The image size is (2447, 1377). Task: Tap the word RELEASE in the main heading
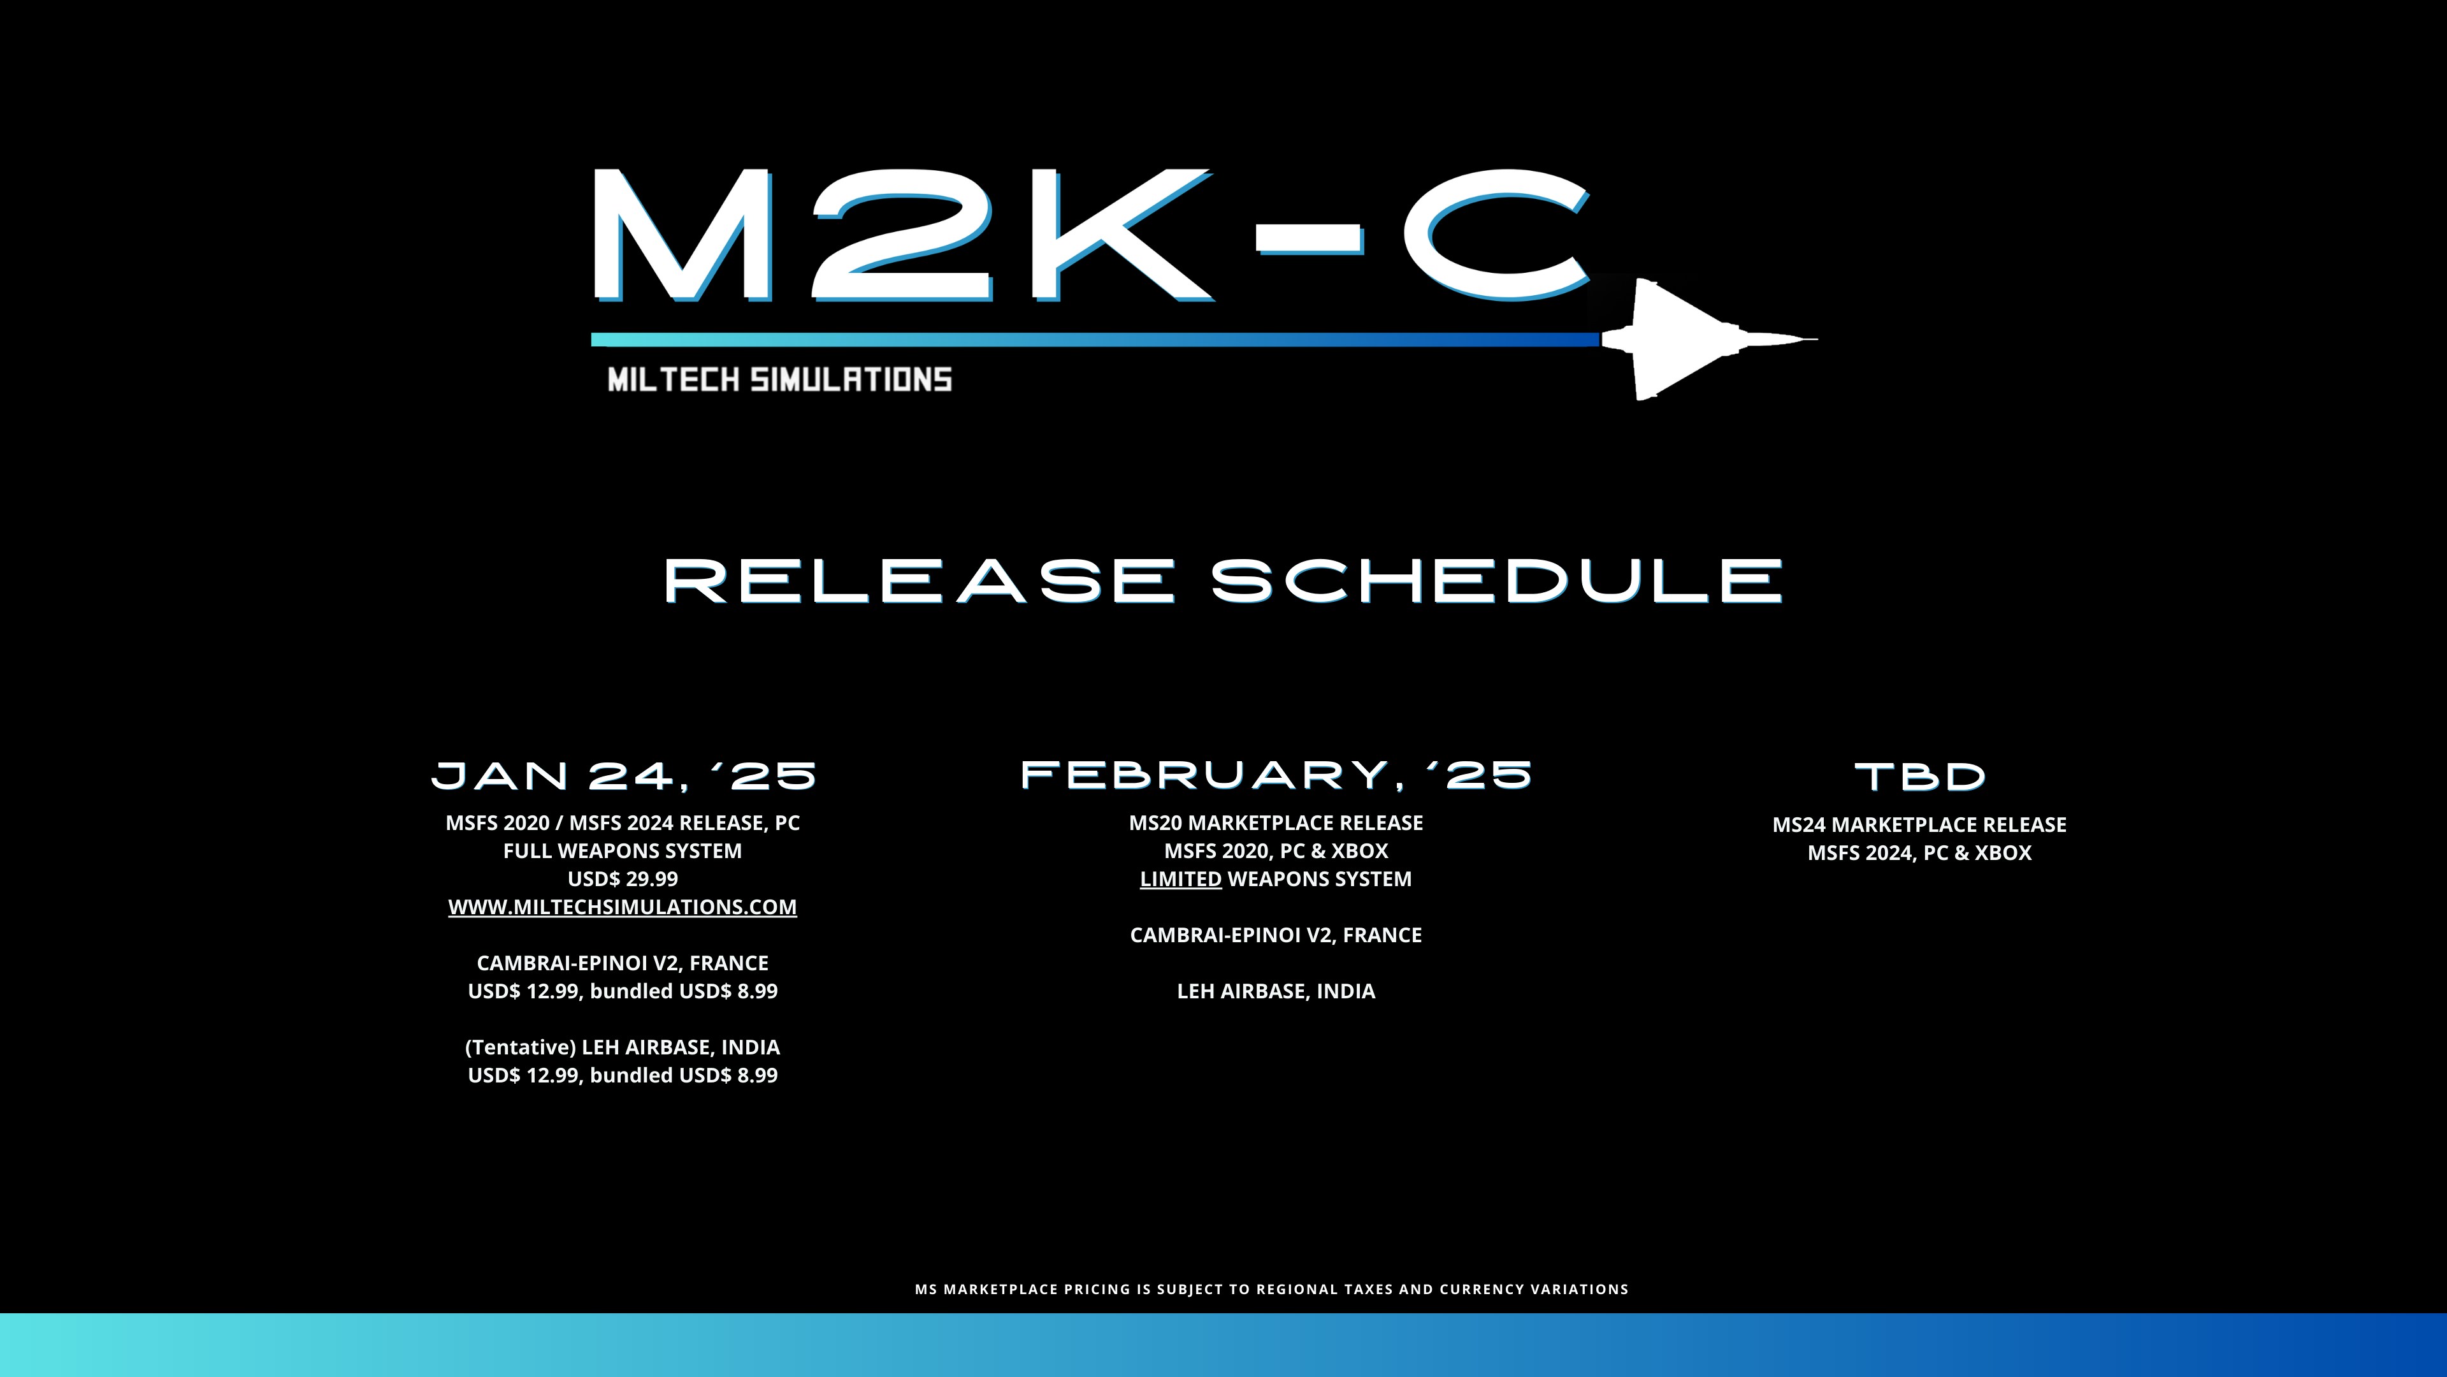click(x=920, y=581)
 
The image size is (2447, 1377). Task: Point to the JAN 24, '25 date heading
click(x=623, y=775)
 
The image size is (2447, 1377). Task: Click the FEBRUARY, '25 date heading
click(x=1276, y=775)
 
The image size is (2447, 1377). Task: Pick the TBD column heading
click(x=1920, y=777)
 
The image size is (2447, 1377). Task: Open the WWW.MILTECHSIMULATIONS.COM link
click(x=622, y=907)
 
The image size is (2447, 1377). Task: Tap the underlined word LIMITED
click(x=1181, y=879)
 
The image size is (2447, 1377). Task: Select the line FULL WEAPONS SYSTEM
click(x=622, y=850)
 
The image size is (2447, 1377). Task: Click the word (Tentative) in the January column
click(x=521, y=1047)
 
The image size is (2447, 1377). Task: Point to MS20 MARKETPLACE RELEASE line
click(x=1276, y=823)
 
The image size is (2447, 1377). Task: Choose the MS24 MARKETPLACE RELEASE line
click(x=1920, y=825)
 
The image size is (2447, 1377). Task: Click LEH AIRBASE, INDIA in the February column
click(x=1276, y=991)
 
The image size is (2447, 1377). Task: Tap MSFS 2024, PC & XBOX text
click(x=1920, y=852)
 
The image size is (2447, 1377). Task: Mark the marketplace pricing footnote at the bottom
click(x=1272, y=1290)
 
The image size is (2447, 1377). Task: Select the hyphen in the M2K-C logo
click(x=1310, y=240)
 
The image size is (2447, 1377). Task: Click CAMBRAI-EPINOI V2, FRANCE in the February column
click(x=1276, y=935)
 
